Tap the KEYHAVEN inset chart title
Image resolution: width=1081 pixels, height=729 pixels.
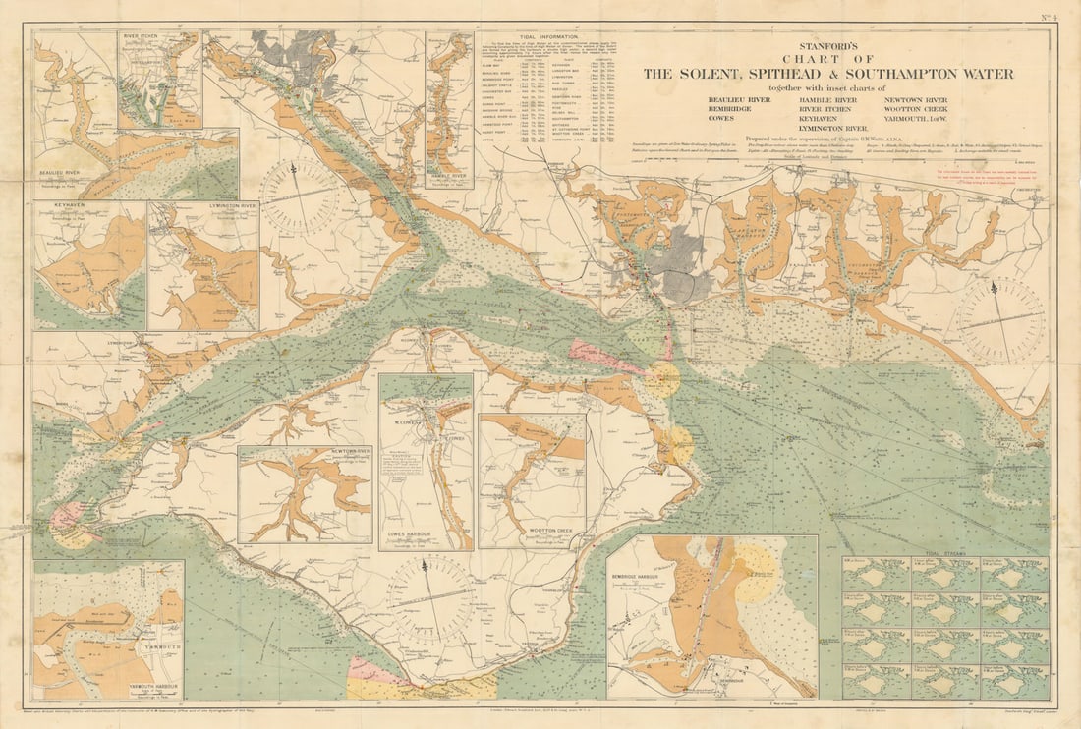tap(61, 207)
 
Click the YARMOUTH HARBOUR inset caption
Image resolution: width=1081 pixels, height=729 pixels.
tap(92, 687)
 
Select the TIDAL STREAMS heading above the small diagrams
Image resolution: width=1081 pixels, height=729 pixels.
tap(944, 554)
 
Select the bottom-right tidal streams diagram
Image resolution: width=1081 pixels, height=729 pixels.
tap(1014, 681)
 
